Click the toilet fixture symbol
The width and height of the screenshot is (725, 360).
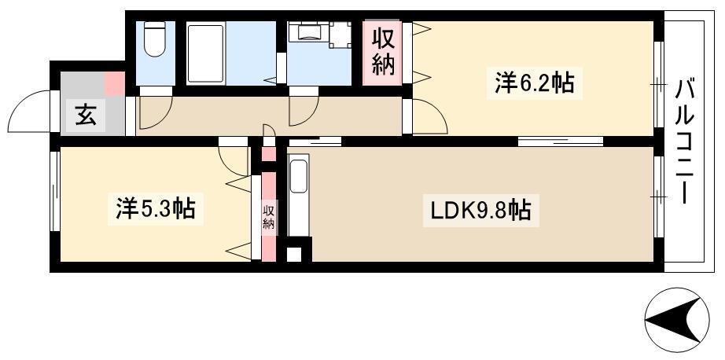tap(154, 39)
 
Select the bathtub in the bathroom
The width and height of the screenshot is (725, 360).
tap(206, 53)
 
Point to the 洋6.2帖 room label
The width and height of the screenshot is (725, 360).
tap(534, 83)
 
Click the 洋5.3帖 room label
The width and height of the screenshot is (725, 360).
tap(156, 210)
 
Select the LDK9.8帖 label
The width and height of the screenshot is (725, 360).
tap(481, 211)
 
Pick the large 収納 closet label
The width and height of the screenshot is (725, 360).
tap(384, 52)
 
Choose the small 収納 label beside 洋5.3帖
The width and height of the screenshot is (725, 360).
tap(269, 217)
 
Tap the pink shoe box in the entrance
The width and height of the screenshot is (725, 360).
tap(115, 83)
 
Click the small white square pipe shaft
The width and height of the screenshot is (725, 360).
tap(294, 255)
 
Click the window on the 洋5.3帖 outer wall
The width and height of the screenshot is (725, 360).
tap(54, 190)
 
